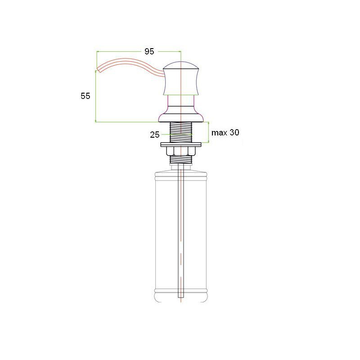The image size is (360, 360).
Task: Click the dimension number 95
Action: pyautogui.click(x=149, y=51)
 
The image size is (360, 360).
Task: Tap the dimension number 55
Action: pyautogui.click(x=85, y=96)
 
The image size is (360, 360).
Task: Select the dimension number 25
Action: pyautogui.click(x=154, y=135)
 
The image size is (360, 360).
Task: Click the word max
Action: pyautogui.click(x=219, y=133)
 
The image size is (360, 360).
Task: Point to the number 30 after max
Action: pyautogui.click(x=234, y=132)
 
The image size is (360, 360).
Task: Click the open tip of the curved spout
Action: pyautogui.click(x=98, y=70)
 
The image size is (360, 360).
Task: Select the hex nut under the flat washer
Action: pyautogui.click(x=181, y=151)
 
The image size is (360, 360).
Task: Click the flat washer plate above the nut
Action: pyautogui.click(x=181, y=144)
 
